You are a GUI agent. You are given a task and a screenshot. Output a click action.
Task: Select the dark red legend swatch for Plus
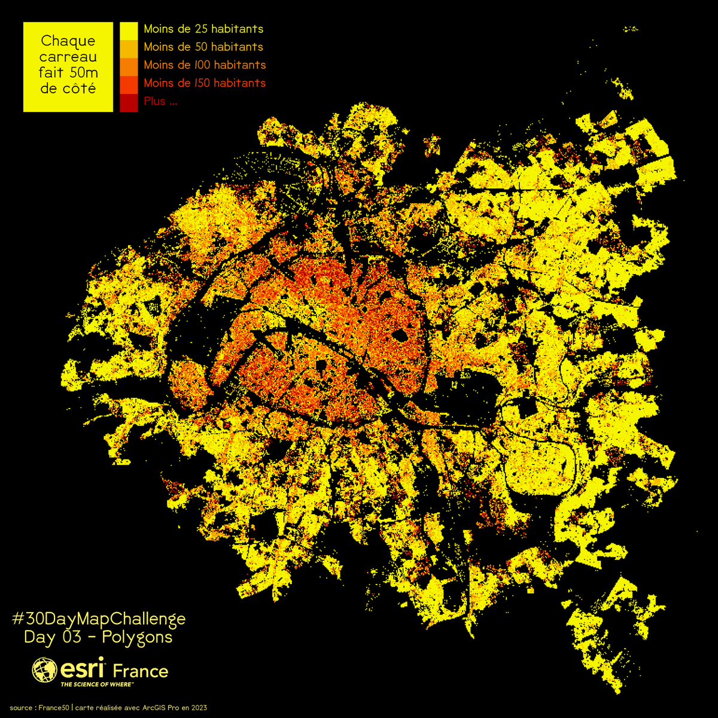tap(129, 103)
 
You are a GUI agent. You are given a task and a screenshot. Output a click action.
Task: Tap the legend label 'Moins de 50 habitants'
tap(203, 47)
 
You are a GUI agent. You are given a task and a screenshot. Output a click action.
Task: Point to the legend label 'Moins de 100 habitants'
tap(205, 65)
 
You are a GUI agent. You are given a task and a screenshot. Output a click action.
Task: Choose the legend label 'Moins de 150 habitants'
tap(205, 83)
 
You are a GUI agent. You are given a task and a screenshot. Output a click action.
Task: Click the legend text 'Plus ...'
tap(160, 101)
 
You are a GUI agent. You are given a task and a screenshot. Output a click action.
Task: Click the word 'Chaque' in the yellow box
tap(68, 41)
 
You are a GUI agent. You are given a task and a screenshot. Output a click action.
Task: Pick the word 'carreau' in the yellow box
tap(68, 57)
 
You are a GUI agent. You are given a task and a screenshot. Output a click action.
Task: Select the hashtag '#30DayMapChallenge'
tap(99, 618)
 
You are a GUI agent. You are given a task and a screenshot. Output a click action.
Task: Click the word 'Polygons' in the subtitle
tap(137, 637)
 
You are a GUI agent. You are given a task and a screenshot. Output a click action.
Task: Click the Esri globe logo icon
tap(44, 670)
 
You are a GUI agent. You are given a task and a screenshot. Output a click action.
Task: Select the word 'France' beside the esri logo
tap(141, 671)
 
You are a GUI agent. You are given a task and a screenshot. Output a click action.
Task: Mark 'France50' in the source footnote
tap(54, 708)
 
